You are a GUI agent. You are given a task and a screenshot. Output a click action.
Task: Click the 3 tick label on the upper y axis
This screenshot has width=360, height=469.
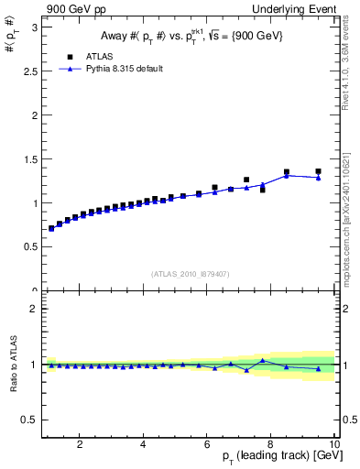coord(34,27)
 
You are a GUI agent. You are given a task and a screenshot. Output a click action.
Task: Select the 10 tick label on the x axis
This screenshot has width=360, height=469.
coord(334,444)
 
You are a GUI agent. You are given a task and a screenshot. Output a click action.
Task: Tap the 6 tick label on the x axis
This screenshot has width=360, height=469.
coord(207,444)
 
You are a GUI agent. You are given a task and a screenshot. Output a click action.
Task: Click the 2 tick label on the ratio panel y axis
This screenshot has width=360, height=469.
coord(34,309)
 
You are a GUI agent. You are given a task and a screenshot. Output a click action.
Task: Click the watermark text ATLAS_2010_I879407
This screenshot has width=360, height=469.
coord(190,274)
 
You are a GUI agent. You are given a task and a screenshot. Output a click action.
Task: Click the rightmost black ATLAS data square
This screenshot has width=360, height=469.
coord(319,171)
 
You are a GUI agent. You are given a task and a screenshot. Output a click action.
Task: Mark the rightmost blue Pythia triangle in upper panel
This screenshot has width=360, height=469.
coord(319,178)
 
